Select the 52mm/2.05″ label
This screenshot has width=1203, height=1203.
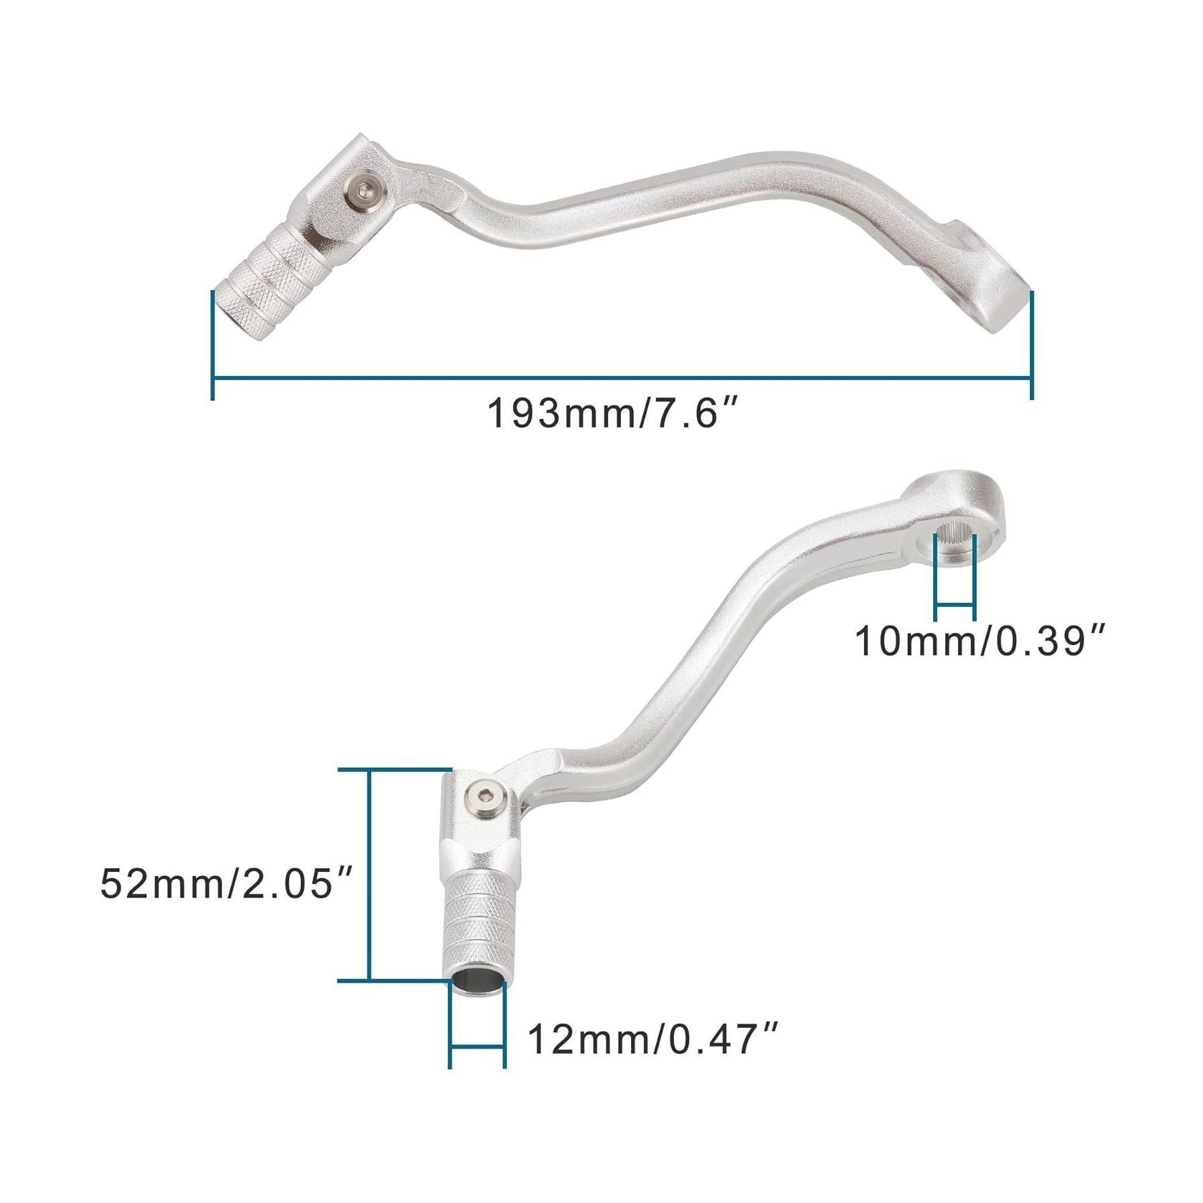tap(226, 883)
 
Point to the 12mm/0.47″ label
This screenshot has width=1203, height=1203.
tap(653, 1039)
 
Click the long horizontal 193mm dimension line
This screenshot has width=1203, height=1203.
tap(622, 378)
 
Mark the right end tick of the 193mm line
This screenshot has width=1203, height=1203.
tap(1032, 346)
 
